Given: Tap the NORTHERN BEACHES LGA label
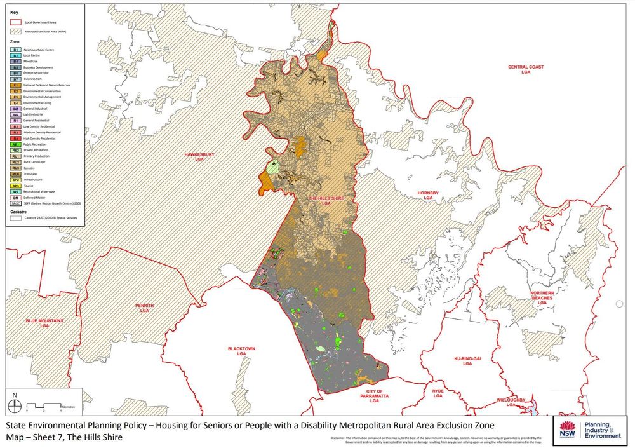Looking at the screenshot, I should (x=542, y=298).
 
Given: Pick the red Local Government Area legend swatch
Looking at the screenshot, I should (x=16, y=22).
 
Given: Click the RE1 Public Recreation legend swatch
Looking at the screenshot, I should (x=16, y=144).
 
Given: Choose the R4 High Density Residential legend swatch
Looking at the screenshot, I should (x=16, y=138).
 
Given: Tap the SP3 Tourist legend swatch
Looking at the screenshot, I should (x=16, y=186).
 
